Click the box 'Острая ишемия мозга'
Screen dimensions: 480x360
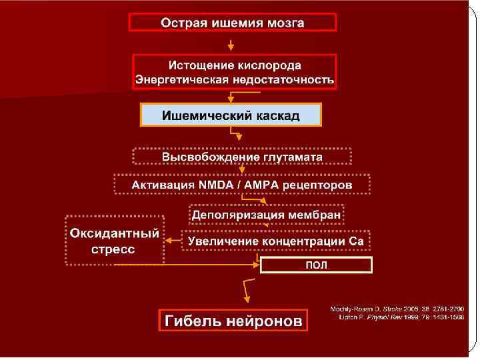(233, 23)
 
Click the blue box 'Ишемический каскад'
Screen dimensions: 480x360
(231, 115)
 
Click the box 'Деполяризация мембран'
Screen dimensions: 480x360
(267, 215)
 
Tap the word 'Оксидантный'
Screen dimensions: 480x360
(115, 233)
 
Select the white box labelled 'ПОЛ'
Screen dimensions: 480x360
(315, 265)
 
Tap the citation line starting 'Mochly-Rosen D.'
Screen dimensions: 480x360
(397, 309)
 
